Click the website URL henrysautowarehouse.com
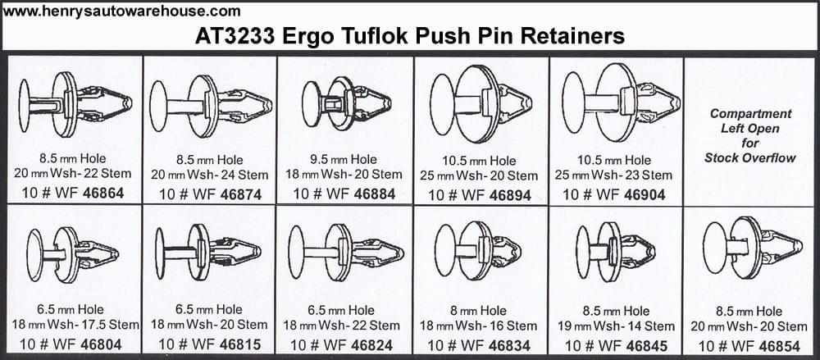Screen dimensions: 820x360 click(121, 11)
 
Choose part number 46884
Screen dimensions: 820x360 click(375, 194)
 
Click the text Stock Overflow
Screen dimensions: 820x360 click(750, 157)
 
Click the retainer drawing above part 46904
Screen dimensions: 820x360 click(621, 103)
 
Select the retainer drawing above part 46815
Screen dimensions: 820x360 click(208, 252)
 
